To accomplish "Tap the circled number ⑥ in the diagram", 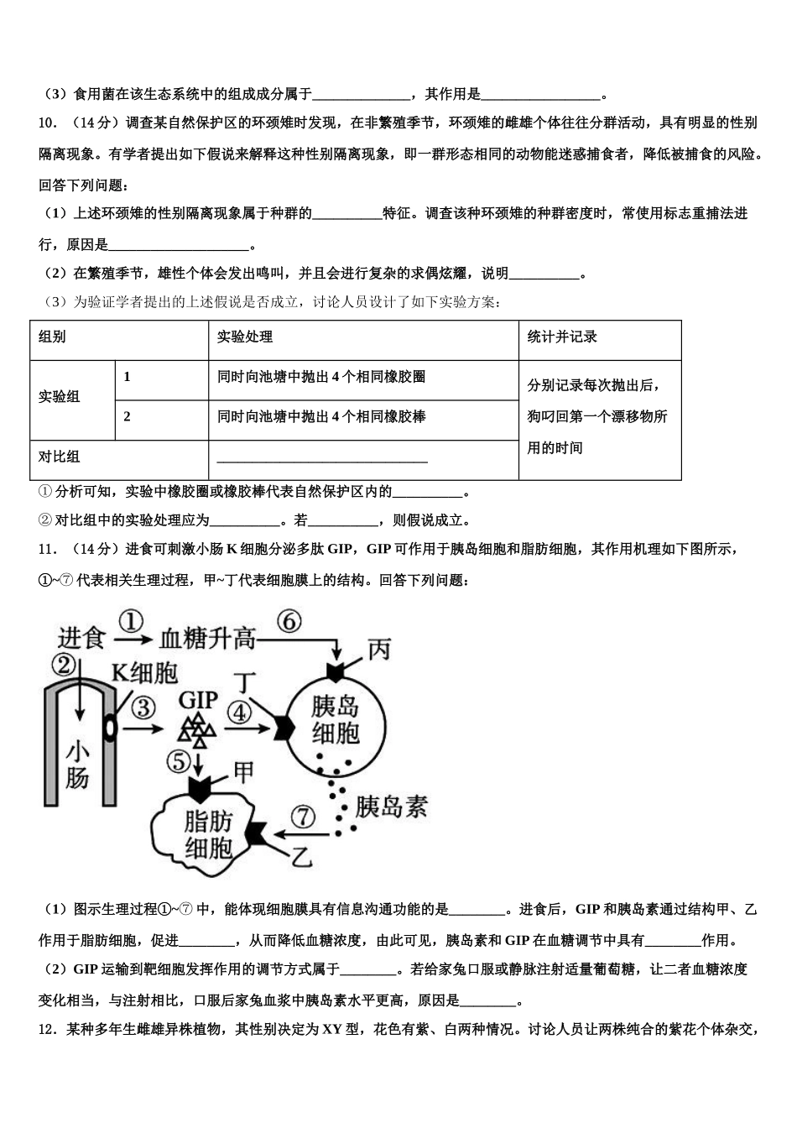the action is [288, 622].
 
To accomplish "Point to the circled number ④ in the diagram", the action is [240, 712].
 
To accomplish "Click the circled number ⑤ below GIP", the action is [179, 761].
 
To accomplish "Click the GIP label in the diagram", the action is [199, 699].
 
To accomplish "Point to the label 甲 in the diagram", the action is [242, 770].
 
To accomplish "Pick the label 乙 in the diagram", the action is [302, 856].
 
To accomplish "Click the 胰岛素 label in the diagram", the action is [391, 807].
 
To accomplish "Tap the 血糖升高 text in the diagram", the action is [207, 639].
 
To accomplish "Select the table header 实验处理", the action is [245, 337].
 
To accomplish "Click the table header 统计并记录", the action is [562, 337].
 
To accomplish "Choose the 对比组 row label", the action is [60, 457].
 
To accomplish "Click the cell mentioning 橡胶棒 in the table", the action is [321, 416].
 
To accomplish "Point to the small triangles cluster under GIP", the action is [200, 731].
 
